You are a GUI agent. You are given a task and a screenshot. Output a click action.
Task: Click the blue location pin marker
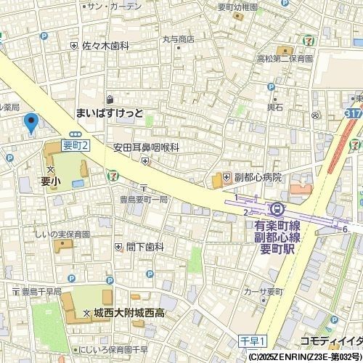[x=30, y=123]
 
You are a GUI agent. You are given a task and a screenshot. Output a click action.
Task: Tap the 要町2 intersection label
[x=76, y=145]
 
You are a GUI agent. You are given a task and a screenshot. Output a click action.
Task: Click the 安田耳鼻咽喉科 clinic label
[x=145, y=147]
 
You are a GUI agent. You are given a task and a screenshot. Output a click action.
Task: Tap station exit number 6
[x=345, y=229]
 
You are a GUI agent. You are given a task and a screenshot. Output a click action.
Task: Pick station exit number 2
[x=245, y=211]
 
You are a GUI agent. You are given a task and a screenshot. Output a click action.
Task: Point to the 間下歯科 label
[x=144, y=247]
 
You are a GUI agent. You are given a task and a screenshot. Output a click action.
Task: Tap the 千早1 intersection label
[x=253, y=340]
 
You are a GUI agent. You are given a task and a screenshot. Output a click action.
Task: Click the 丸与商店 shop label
[x=178, y=39]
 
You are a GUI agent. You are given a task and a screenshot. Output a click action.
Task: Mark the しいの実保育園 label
[x=62, y=234]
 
